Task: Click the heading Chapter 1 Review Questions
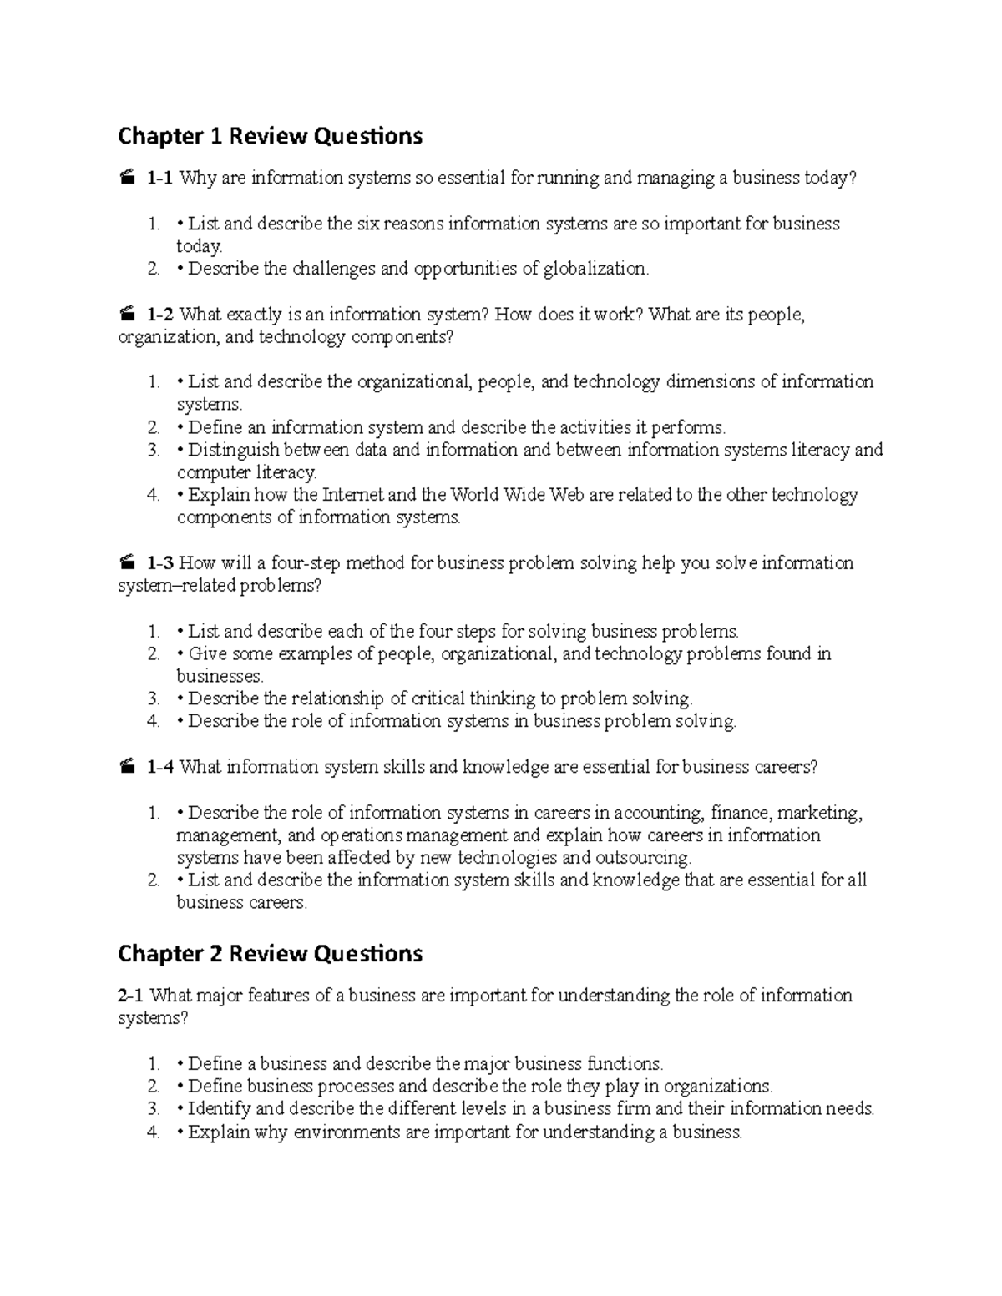[x=270, y=135]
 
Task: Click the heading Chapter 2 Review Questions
[x=270, y=953]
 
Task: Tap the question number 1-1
[x=160, y=178]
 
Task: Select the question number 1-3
[x=160, y=563]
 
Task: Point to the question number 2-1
[x=132, y=996]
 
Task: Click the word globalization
[x=595, y=269]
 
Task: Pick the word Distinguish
[x=232, y=451]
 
